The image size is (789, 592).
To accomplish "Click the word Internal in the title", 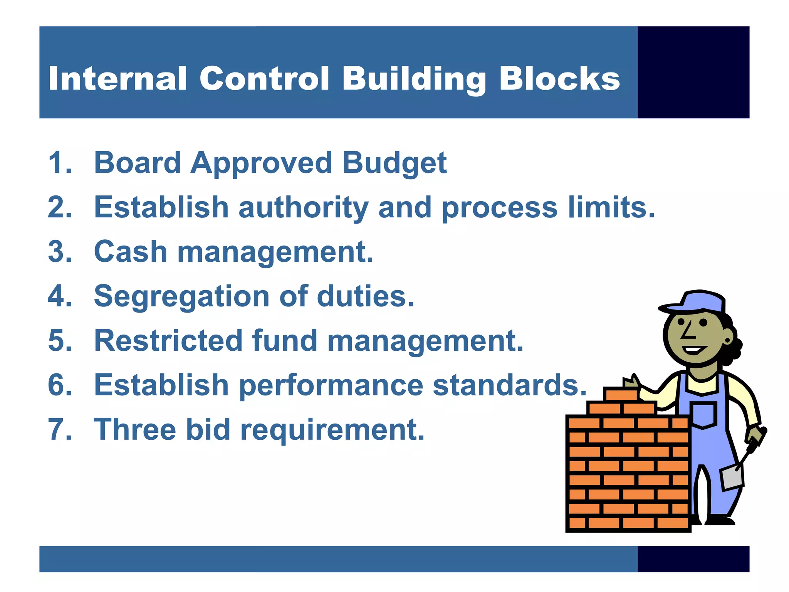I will [118, 79].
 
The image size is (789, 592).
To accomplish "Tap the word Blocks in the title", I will [559, 79].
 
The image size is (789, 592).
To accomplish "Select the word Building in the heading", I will [414, 79].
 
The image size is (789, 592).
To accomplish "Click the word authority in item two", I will [303, 207].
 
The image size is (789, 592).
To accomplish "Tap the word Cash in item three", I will [130, 252].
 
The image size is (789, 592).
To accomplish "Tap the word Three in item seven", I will [135, 429].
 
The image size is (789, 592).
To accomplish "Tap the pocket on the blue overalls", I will [703, 414].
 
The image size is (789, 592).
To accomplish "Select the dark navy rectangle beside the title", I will [693, 72].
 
